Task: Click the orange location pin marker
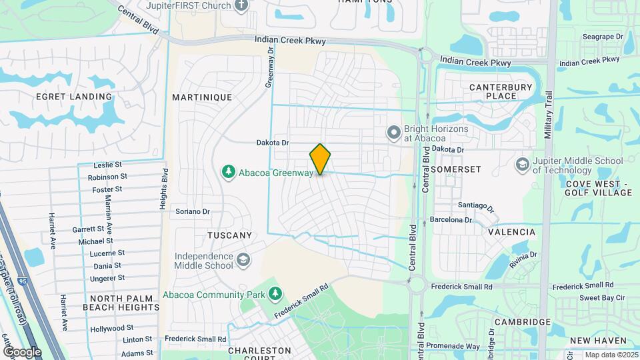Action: tap(320, 159)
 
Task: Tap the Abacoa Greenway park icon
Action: tap(229, 173)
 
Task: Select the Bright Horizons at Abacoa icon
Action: tap(393, 133)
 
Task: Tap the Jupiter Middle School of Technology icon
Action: tap(522, 164)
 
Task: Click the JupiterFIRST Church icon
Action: tap(241, 5)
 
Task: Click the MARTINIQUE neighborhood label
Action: tap(202, 97)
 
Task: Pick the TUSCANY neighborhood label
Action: tap(229, 235)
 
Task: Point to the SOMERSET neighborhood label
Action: tap(456, 170)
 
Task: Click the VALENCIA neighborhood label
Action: tap(512, 232)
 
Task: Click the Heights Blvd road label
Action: tap(163, 190)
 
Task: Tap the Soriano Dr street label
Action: tap(193, 212)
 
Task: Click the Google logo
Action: tap(22, 351)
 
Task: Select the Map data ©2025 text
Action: tap(611, 355)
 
